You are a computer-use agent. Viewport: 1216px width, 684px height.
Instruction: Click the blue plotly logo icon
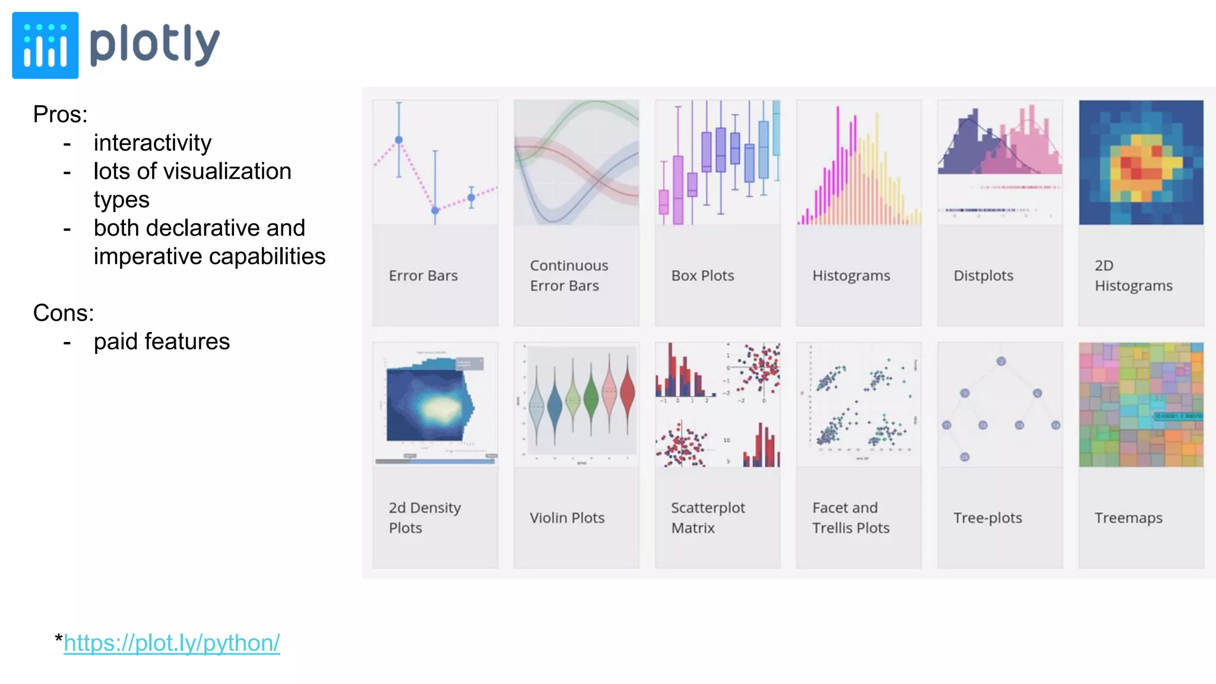click(x=45, y=45)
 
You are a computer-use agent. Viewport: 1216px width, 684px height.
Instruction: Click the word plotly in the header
click(x=154, y=45)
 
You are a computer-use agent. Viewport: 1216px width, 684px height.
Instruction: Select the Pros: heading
click(x=60, y=115)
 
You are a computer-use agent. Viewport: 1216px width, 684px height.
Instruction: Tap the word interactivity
click(x=152, y=143)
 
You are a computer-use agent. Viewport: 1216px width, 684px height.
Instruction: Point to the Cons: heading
click(x=63, y=313)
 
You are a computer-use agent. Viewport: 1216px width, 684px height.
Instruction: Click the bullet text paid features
click(x=161, y=341)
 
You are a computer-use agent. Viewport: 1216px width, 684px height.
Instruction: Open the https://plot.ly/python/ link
click(x=172, y=643)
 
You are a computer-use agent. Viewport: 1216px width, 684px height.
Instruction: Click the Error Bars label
click(x=423, y=275)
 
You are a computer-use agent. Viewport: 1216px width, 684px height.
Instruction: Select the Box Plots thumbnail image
click(x=717, y=162)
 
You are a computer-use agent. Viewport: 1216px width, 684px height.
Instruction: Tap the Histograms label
click(x=851, y=275)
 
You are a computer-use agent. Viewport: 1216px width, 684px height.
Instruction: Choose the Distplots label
click(x=983, y=275)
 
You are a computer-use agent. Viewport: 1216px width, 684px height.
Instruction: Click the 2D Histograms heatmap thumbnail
click(x=1141, y=162)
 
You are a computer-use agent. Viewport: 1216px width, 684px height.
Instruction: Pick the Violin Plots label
click(x=567, y=518)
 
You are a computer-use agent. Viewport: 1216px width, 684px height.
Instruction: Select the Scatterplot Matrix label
click(x=708, y=518)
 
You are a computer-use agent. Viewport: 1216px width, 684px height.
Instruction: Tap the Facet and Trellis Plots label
click(x=850, y=518)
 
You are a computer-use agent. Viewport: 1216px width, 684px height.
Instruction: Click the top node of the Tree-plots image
click(x=1001, y=361)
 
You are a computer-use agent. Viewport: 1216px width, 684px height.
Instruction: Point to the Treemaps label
click(x=1128, y=518)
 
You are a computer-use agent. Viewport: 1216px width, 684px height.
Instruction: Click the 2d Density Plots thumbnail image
click(x=435, y=404)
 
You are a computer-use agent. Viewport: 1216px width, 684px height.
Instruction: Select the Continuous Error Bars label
click(x=568, y=275)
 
